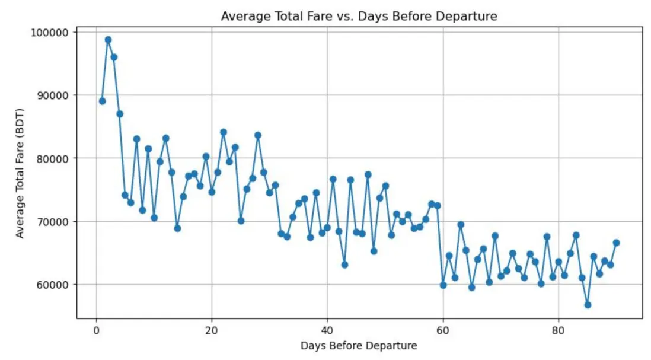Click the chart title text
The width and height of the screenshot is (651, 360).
point(359,17)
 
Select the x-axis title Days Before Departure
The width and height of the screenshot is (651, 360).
point(359,345)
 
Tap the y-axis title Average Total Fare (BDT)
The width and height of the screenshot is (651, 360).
point(20,174)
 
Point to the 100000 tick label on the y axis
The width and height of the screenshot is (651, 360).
point(50,32)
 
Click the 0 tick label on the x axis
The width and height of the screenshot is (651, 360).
point(96,330)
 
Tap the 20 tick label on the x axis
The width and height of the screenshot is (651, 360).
point(212,330)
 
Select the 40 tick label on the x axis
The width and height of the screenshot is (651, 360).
point(327,330)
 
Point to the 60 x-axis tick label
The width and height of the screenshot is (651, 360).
point(443,330)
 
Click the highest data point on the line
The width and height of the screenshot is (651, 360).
point(108,40)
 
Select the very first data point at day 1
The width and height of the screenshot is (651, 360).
point(102,101)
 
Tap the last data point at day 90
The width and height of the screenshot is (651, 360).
point(616,243)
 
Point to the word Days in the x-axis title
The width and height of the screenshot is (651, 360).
point(311,345)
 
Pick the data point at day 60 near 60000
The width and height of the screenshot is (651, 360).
point(443,285)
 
